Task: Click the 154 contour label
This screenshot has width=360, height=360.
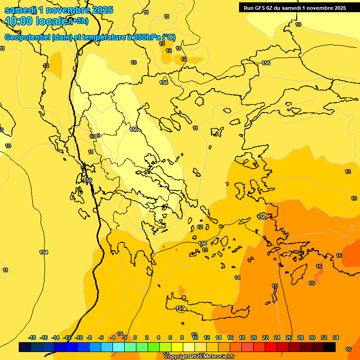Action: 44,252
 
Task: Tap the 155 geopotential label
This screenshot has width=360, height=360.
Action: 88,180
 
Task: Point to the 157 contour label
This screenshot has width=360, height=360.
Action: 180,308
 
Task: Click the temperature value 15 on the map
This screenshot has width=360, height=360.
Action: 275,286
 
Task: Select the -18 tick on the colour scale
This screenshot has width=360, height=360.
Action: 32,337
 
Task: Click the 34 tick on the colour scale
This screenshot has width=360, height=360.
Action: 336,337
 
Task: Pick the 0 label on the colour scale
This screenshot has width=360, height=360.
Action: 135,337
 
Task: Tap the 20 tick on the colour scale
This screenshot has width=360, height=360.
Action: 254,337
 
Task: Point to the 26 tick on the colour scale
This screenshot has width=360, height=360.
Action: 289,337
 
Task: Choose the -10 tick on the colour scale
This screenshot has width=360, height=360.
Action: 79,337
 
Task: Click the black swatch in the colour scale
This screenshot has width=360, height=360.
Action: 330,347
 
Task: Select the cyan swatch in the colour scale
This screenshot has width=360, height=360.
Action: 119,347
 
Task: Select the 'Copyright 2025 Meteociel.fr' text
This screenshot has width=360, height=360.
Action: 199,357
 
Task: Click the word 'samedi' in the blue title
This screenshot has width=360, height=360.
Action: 19,10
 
